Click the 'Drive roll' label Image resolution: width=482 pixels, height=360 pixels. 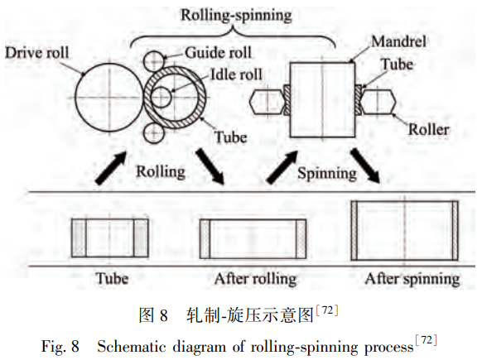[37, 53]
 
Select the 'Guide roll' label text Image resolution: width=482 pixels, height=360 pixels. [219, 52]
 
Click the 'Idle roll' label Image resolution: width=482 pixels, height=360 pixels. [236, 74]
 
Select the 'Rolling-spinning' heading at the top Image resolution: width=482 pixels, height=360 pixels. [236, 16]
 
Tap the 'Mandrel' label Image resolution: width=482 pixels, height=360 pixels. [398, 41]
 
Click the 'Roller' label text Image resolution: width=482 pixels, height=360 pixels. [428, 129]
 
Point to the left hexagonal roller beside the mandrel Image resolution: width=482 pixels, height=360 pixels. [267, 101]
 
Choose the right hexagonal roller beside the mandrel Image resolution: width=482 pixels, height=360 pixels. [378, 101]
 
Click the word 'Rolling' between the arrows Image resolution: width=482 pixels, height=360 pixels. [161, 171]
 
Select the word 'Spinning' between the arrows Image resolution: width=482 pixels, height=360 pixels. [327, 174]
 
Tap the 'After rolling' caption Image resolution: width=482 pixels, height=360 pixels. [255, 279]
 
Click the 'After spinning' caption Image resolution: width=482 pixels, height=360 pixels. [412, 279]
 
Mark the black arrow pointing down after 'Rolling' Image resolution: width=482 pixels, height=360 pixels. [211, 166]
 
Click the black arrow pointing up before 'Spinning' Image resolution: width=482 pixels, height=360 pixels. [282, 167]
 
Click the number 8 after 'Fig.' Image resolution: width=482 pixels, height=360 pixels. [75, 347]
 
